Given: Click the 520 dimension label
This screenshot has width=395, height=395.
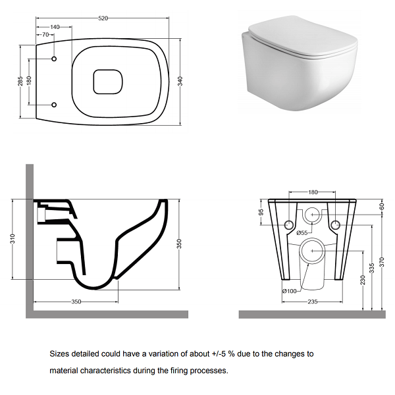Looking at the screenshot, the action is click(103, 18).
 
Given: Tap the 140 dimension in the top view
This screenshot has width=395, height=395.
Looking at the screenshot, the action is click(55, 27).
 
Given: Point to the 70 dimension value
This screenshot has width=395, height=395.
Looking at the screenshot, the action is click(45, 34).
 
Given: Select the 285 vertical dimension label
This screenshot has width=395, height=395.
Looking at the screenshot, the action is click(20, 81).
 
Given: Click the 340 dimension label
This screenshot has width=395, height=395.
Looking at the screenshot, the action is click(180, 81).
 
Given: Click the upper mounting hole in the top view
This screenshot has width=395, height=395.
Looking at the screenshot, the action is click(54, 59).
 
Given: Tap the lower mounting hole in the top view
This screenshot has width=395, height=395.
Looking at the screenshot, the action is click(54, 105).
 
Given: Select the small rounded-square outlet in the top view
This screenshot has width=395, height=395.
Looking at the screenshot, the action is click(108, 82).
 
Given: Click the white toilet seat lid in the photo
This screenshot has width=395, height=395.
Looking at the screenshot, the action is click(303, 38).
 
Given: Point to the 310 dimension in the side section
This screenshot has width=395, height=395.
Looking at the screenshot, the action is click(13, 238).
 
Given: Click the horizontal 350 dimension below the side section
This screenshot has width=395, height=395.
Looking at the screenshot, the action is click(76, 302).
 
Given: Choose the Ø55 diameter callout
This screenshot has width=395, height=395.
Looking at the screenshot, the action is click(302, 233).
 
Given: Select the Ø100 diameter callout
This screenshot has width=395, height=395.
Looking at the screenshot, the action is click(290, 291).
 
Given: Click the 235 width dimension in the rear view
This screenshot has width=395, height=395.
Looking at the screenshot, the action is click(312, 302).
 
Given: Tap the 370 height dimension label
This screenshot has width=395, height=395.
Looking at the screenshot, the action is click(382, 262).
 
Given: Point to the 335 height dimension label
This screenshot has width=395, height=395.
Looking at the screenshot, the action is click(372, 268).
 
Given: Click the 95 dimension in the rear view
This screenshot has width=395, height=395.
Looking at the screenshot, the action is click(261, 212).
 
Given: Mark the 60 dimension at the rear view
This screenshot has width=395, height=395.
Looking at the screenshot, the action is click(382, 206).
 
